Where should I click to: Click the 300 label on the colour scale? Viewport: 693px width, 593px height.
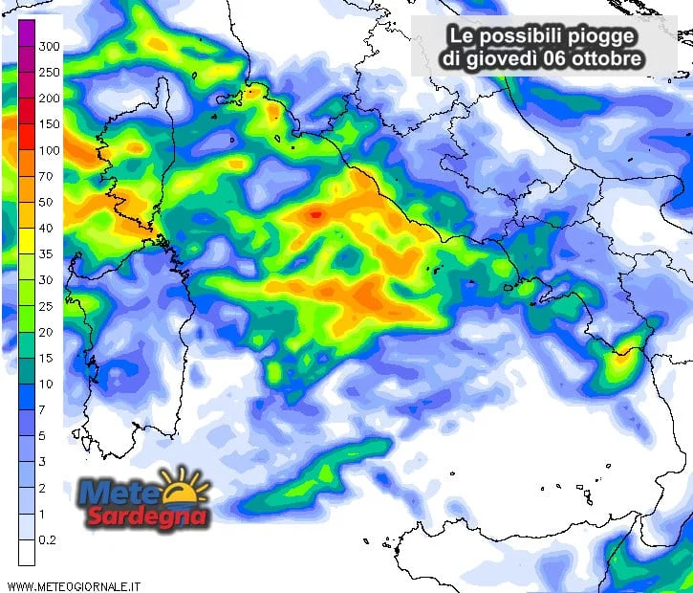(49, 46)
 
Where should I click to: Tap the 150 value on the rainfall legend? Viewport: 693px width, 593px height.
(49, 124)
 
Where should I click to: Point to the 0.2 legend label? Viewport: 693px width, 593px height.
(48, 539)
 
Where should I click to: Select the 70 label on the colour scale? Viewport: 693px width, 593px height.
(45, 176)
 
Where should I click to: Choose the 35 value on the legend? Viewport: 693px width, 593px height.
(45, 254)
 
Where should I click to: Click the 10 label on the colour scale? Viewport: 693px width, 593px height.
(45, 384)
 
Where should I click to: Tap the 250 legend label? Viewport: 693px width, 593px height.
(49, 72)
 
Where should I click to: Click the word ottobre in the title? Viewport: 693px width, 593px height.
(608, 59)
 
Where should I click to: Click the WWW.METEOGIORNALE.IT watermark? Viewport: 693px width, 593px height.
(74, 584)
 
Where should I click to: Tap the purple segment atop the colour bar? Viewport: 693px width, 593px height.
(27, 33)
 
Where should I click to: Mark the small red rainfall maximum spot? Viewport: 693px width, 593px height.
(315, 214)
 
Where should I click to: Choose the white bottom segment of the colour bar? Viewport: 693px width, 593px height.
(27, 552)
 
